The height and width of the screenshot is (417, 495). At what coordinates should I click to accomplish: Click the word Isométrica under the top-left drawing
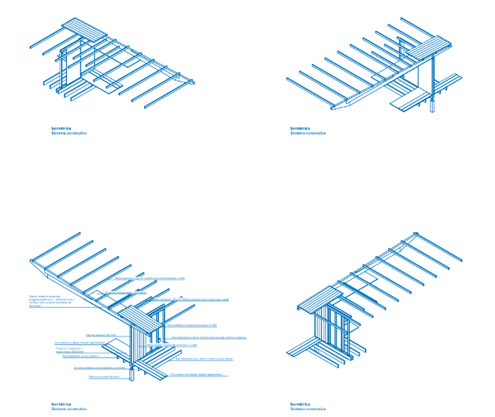[x=61, y=128]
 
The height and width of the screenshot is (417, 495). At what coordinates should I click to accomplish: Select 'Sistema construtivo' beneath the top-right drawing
[x=308, y=133]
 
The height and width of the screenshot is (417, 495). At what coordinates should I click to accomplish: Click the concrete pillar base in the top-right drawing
[x=433, y=106]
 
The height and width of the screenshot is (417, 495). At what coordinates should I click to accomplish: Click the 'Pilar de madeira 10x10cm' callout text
[x=101, y=335]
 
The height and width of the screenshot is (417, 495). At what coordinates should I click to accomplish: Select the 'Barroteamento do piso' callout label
[x=81, y=356]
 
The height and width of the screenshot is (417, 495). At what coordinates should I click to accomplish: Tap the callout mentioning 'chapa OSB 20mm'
[x=69, y=350]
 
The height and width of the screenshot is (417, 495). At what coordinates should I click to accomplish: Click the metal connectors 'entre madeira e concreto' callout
[x=99, y=368]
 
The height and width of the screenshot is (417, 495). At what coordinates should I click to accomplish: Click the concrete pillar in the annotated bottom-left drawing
[x=132, y=375]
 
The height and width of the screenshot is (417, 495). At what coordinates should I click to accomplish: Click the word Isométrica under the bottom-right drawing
[x=300, y=404]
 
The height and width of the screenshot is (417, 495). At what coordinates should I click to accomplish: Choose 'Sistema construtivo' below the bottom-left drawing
[x=69, y=409]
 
